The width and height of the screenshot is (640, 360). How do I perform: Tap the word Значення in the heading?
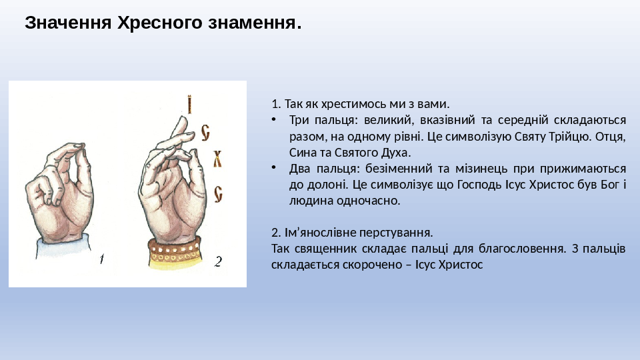pyautogui.click(x=68, y=23)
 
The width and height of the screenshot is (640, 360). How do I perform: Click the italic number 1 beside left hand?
pyautogui.click(x=101, y=259)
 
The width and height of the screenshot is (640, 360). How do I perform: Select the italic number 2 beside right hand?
pyautogui.click(x=218, y=261)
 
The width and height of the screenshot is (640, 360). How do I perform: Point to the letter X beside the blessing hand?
pyautogui.click(x=217, y=159)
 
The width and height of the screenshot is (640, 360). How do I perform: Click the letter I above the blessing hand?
pyautogui.click(x=189, y=105)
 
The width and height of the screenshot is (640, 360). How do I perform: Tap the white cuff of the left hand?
pyautogui.click(x=63, y=247)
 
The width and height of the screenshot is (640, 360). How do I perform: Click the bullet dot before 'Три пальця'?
pyautogui.click(x=274, y=119)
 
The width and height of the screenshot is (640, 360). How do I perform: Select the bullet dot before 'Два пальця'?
pyautogui.click(x=274, y=167)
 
